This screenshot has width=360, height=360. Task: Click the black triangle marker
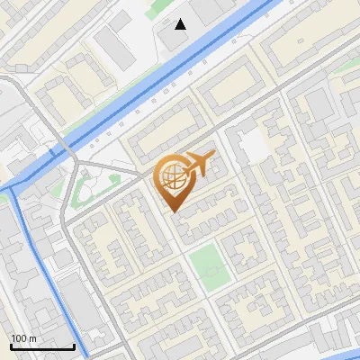pos(181,24)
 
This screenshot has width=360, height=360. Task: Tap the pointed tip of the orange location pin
pos(173,211)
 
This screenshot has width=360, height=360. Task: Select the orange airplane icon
pos(201,163)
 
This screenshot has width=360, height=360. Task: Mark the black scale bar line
pos(42,346)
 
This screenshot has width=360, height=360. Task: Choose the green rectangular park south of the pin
pos(209,266)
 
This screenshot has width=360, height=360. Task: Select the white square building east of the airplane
pos(253,144)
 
